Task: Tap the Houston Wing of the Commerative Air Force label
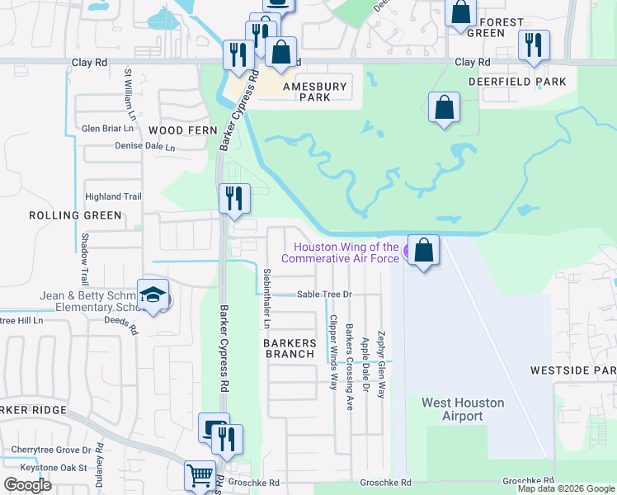[346, 252]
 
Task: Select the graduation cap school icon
[153, 295]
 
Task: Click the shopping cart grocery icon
[199, 475]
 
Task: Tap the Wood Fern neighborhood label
[182, 130]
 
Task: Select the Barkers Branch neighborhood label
[290, 348]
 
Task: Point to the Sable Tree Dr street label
[324, 294]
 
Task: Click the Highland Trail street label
[114, 197]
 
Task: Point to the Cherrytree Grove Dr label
[51, 450]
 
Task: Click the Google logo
[27, 484]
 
